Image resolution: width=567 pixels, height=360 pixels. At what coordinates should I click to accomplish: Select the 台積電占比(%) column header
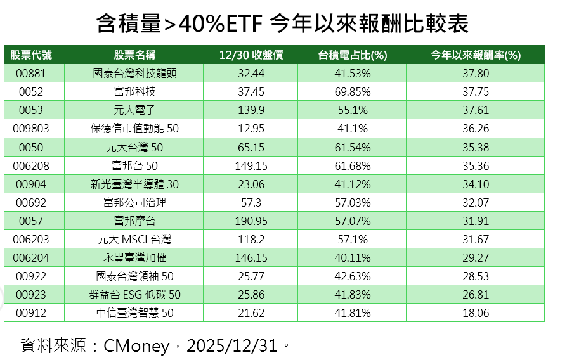click(x=352, y=55)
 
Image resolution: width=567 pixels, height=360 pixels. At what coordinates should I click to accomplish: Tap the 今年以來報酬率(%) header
click(x=476, y=55)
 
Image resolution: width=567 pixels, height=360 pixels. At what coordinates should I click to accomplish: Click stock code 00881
click(x=31, y=74)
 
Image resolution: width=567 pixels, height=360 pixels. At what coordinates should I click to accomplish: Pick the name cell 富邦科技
click(x=134, y=92)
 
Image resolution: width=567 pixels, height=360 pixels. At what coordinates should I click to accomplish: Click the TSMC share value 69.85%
click(x=352, y=92)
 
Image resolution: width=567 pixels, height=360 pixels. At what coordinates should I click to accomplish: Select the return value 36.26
click(x=476, y=129)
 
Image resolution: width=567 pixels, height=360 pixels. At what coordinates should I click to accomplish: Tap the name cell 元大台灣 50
click(x=134, y=147)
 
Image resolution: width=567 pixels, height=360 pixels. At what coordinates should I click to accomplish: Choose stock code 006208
click(x=31, y=165)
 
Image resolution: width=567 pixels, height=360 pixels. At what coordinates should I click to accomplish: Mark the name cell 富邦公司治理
click(x=134, y=203)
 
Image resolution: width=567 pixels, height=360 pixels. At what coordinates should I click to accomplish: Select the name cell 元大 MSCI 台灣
click(x=134, y=240)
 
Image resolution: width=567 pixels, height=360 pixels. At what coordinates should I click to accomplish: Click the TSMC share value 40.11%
click(x=352, y=258)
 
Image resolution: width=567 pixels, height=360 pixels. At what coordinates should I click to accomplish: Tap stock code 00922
click(x=31, y=276)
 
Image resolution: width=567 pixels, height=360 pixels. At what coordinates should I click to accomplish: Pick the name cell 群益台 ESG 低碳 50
click(x=134, y=295)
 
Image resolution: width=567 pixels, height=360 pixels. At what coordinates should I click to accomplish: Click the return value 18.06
click(x=476, y=313)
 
